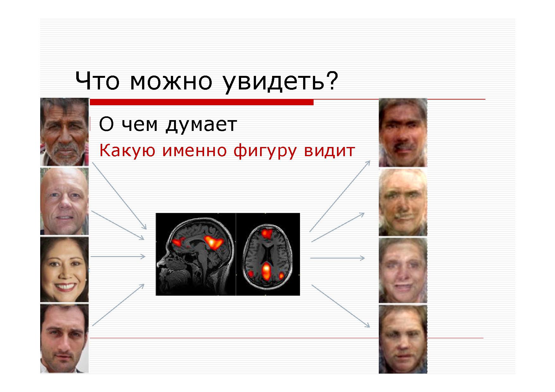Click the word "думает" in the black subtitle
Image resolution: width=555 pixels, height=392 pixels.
click(201, 125)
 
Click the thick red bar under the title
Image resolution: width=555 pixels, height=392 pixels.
click(202, 102)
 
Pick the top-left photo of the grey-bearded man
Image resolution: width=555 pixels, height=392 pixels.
click(64, 132)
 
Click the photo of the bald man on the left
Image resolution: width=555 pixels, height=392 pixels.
click(64, 201)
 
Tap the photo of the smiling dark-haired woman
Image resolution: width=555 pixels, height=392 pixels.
click(64, 270)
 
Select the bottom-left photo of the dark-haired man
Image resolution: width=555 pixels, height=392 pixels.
click(64, 339)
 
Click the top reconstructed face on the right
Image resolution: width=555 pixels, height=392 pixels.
click(403, 132)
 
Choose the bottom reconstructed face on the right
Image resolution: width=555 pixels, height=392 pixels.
click(403, 339)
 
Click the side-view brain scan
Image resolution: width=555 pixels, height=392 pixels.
click(196, 254)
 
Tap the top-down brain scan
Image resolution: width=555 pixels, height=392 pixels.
click(268, 254)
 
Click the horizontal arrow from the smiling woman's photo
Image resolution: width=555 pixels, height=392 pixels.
click(118, 257)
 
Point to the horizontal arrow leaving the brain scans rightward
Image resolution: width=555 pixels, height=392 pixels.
click(337, 258)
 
